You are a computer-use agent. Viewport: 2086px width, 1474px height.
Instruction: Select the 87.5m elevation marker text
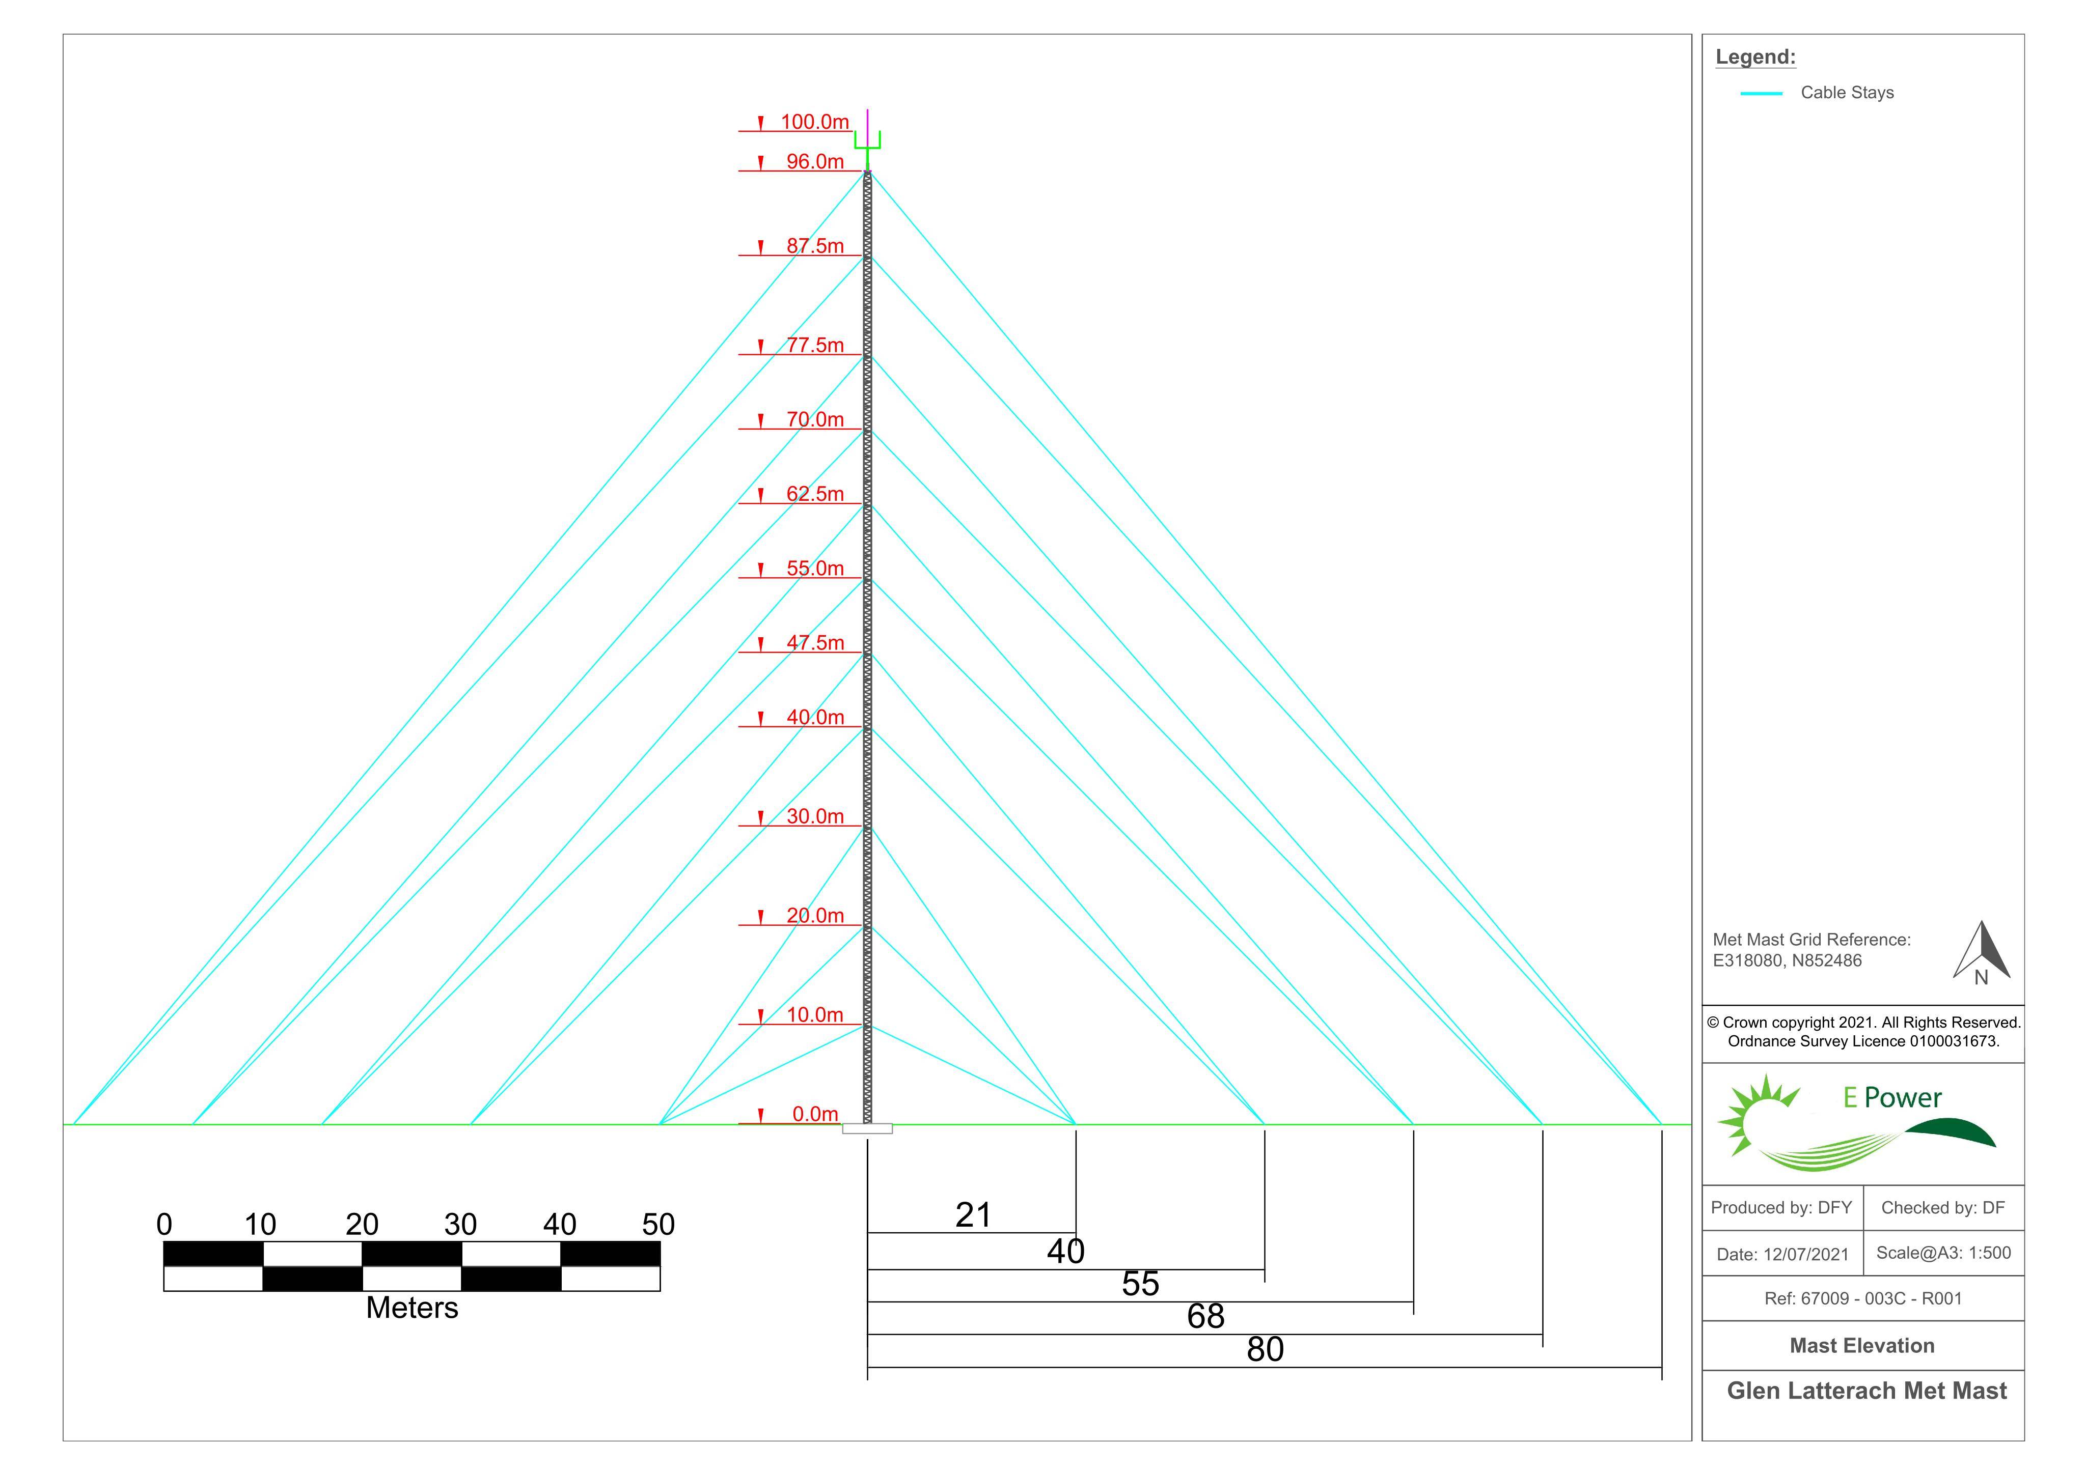click(x=815, y=246)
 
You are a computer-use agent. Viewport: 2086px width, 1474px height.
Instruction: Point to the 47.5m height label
click(x=815, y=643)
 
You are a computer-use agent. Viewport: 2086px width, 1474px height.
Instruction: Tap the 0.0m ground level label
click(x=815, y=1114)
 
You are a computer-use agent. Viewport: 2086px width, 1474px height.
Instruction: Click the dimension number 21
click(x=973, y=1215)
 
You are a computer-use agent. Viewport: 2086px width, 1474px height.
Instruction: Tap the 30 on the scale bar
click(x=460, y=1224)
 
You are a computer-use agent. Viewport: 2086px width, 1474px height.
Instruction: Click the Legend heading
click(x=1755, y=57)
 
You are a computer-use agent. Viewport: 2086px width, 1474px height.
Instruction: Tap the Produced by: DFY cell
click(x=1781, y=1208)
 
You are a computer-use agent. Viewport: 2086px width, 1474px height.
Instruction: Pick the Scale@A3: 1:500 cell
click(x=1943, y=1253)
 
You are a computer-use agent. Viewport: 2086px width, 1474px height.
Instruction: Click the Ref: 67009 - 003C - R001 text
click(x=1862, y=1299)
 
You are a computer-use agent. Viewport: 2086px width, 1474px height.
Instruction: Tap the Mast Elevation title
click(x=1861, y=1346)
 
